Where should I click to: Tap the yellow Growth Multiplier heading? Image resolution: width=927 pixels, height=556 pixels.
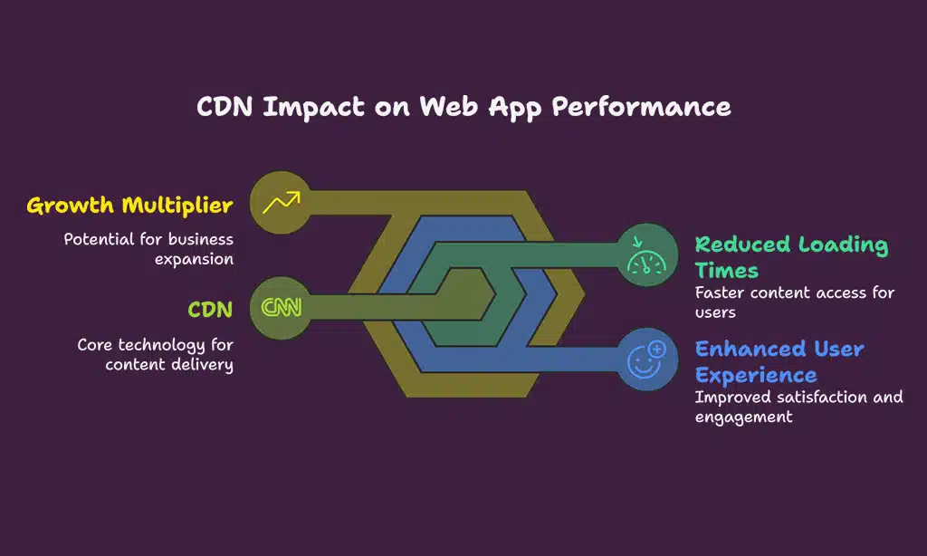point(129,206)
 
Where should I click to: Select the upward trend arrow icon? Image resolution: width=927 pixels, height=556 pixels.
point(280,202)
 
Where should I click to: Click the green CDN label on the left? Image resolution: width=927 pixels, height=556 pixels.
point(210,310)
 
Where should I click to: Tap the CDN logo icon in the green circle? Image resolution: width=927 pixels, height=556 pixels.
point(281,308)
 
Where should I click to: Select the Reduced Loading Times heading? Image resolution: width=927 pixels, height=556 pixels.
point(790,257)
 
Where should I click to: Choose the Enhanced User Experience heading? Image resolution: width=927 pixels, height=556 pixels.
point(779,361)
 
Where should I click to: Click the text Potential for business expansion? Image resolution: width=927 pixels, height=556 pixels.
point(148,249)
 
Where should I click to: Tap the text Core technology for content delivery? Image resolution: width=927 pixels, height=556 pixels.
point(155,354)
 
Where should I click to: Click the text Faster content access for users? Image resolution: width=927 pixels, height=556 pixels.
point(794,302)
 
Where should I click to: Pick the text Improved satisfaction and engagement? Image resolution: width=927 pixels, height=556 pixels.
point(798,407)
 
